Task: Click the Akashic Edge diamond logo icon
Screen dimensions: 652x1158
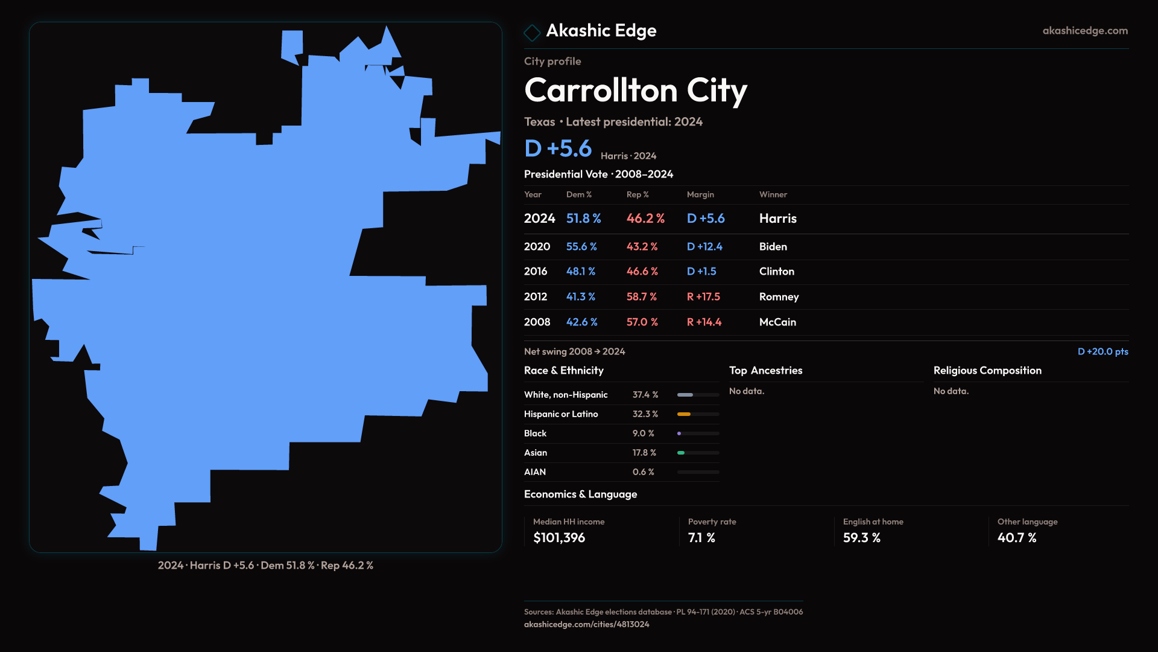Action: tap(532, 33)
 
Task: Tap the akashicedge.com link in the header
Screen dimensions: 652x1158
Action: tap(1084, 31)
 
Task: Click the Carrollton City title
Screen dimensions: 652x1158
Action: tap(635, 91)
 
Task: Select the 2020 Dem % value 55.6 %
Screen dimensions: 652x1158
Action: tap(581, 247)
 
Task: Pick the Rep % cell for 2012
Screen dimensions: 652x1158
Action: tap(641, 297)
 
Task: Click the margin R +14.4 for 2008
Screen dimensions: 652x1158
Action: tap(704, 322)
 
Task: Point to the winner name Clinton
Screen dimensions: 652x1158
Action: tap(776, 272)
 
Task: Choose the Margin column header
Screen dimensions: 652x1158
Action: tap(700, 194)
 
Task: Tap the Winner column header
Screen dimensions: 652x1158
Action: tap(773, 194)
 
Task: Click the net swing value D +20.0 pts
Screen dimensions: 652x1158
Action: tap(1103, 351)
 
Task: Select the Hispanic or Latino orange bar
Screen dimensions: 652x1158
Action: tap(684, 414)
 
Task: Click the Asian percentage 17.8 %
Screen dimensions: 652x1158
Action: tap(644, 453)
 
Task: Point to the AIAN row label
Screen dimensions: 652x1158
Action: tap(535, 472)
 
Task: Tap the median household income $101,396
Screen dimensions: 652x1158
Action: tap(559, 538)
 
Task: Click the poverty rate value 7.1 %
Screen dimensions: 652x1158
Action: tap(701, 538)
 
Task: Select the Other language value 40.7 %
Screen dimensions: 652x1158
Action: tap(1017, 538)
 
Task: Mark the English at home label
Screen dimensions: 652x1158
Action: tap(873, 522)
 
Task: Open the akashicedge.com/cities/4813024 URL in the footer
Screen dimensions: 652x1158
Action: tap(586, 624)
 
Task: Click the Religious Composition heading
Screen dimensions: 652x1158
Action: tap(987, 371)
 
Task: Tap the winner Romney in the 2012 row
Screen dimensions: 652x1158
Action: tap(779, 297)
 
